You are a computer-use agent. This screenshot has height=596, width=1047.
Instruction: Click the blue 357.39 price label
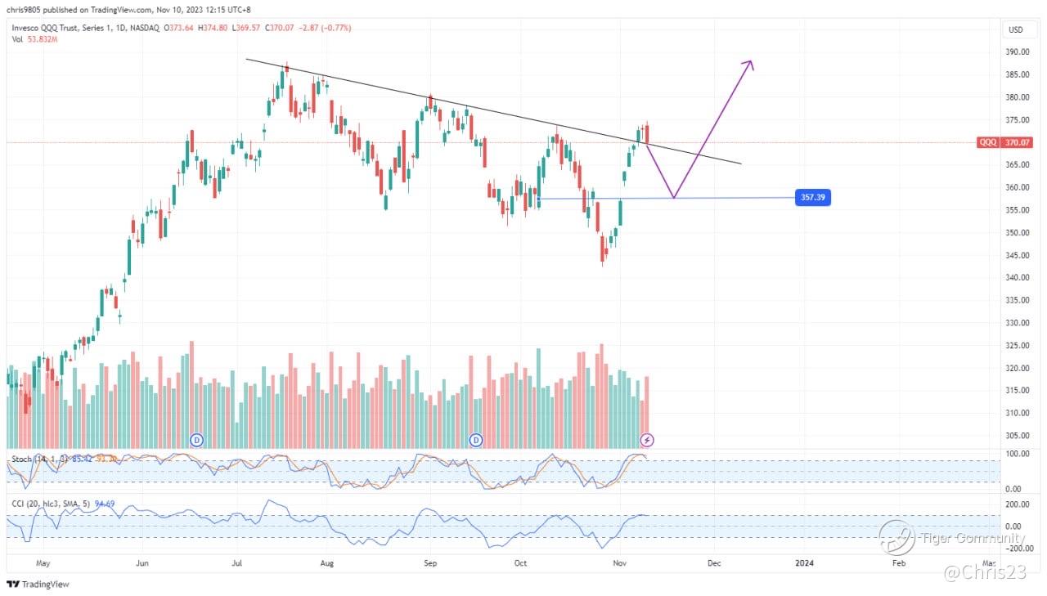(x=813, y=198)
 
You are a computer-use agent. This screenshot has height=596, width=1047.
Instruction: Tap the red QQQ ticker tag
(x=988, y=142)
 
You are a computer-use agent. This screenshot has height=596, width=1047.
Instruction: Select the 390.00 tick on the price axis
(x=1017, y=52)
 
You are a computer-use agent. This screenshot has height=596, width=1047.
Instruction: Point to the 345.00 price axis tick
(x=1017, y=255)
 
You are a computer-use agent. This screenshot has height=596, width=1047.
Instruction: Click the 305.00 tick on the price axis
(x=1017, y=436)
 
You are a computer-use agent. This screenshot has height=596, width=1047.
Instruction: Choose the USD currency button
(x=1016, y=29)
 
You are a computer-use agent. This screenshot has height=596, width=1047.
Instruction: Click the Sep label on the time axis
(x=431, y=562)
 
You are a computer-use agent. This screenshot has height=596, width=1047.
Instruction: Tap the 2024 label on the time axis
(x=805, y=562)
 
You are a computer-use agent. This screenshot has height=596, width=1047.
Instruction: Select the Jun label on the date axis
(x=142, y=562)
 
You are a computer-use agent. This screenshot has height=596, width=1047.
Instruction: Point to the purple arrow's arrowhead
(x=748, y=64)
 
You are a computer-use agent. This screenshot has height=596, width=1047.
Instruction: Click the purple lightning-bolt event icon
(x=647, y=440)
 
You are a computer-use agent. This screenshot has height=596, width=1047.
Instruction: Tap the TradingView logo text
(x=44, y=585)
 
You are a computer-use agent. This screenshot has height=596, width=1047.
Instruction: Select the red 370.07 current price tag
(x=1018, y=142)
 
